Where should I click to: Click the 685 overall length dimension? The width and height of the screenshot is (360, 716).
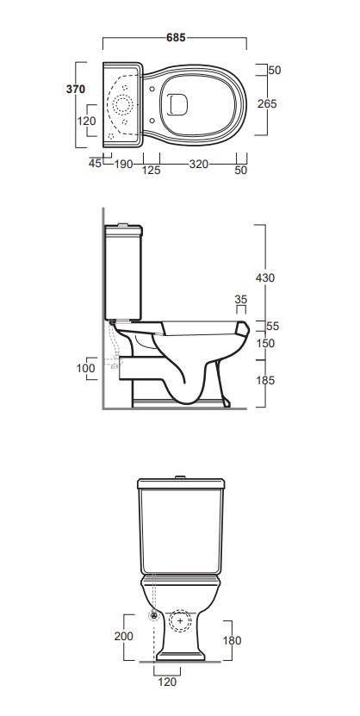(x=176, y=37)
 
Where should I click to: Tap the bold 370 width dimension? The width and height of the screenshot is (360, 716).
(x=75, y=89)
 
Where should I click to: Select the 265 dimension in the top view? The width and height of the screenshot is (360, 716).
(x=267, y=104)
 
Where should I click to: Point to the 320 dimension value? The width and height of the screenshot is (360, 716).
(x=198, y=164)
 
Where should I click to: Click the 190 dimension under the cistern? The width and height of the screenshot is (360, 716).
(x=123, y=164)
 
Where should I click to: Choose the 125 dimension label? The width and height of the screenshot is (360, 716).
(x=152, y=171)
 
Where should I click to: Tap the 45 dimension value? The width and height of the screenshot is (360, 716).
(x=95, y=164)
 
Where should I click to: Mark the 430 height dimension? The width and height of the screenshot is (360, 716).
(x=265, y=277)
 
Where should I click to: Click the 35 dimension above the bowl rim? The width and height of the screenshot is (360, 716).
(x=241, y=300)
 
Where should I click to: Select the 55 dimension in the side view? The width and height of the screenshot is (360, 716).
(x=273, y=326)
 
